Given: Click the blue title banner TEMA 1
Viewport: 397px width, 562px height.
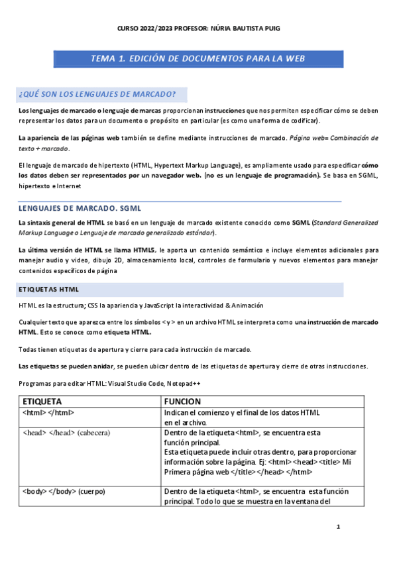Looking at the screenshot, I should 198,58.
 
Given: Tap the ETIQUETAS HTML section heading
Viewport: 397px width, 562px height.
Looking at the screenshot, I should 49,290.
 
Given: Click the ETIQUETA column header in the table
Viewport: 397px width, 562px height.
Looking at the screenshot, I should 43,401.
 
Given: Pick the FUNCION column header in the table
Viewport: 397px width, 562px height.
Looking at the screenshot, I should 182,401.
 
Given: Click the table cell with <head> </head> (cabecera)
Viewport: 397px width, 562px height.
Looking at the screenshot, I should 66,433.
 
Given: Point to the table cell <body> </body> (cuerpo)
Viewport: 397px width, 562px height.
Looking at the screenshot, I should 64,491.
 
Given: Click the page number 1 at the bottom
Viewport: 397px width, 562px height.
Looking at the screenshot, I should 338,528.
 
